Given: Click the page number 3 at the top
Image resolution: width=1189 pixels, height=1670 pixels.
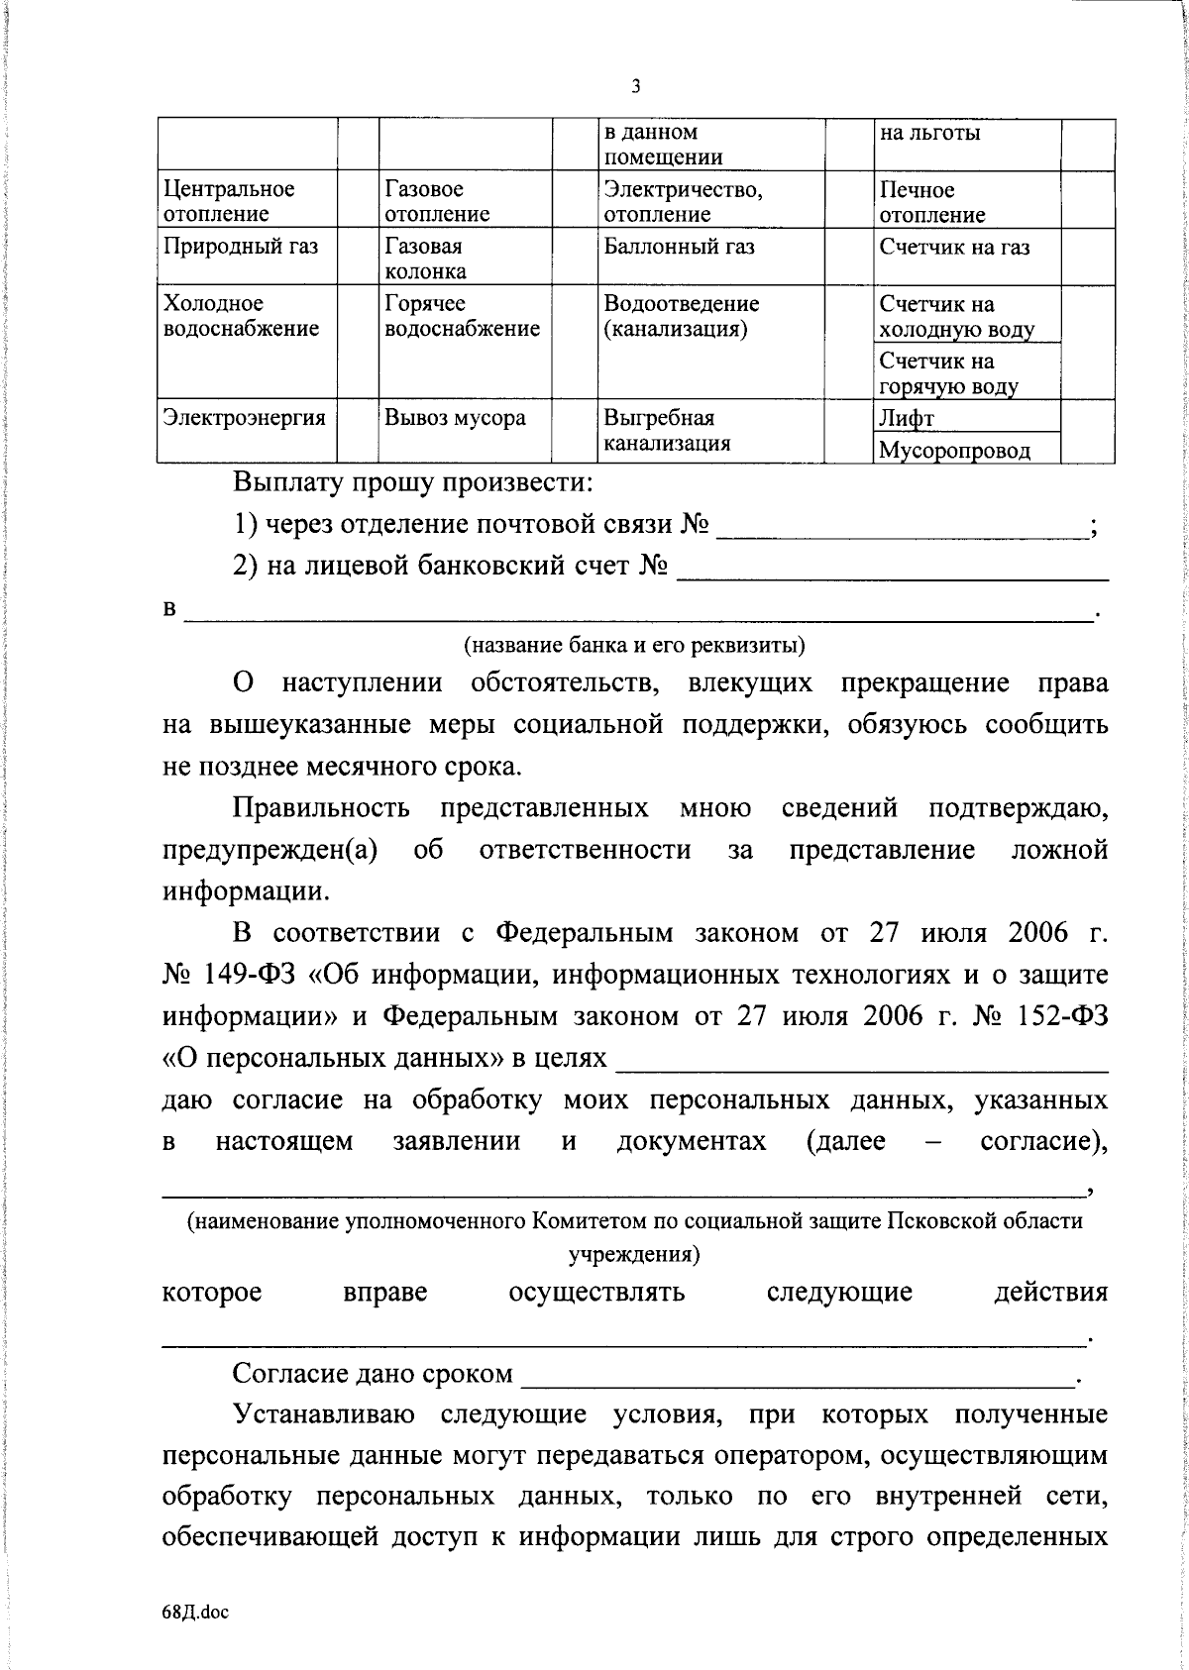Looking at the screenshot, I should coord(635,86).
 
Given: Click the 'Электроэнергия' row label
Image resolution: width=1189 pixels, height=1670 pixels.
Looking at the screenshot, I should coord(245,418).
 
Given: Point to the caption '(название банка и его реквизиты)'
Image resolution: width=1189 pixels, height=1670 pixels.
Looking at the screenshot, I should coord(635,645).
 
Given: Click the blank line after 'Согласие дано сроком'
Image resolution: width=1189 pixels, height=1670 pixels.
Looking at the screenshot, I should coord(798,1375).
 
